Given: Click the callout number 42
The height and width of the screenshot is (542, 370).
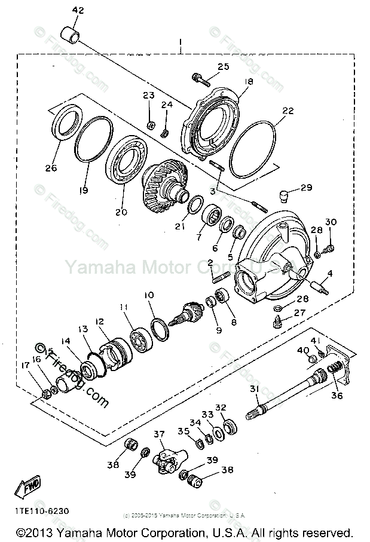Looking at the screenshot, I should coord(78,11).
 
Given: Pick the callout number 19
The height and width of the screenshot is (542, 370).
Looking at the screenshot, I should coord(83,190).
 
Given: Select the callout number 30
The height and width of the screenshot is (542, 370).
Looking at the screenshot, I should coord(331,222).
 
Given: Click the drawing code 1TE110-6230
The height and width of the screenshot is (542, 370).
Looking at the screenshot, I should coord(42,511).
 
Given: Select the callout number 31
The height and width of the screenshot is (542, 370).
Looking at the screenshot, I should coord(255,389).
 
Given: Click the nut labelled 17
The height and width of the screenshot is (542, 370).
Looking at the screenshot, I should coord(46,393).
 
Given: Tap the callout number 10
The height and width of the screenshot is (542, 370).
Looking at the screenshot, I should coord(149,295).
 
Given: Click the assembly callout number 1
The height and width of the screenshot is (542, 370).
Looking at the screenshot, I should coord(179,42).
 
